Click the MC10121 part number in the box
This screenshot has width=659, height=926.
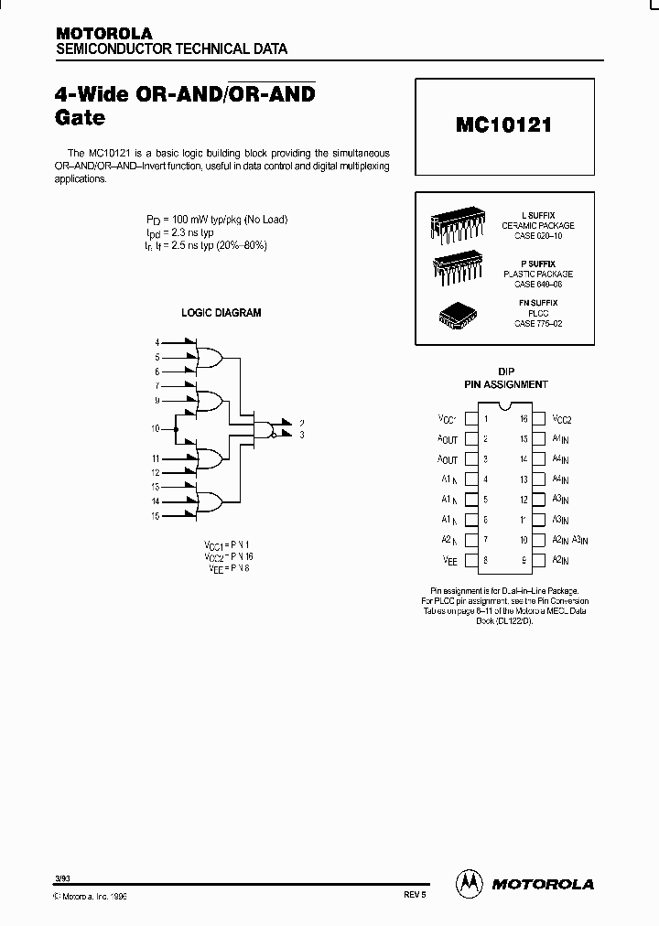[x=503, y=125]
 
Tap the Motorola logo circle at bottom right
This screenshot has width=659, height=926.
[x=469, y=883]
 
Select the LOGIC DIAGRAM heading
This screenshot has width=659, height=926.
[x=221, y=313]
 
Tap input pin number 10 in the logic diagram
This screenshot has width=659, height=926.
[x=155, y=428]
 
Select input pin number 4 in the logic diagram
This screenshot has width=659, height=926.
[x=157, y=342]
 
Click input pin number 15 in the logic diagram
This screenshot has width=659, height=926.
[x=156, y=517]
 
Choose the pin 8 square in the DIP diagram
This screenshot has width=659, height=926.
[x=470, y=560]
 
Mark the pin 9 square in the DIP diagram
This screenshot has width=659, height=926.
[x=539, y=560]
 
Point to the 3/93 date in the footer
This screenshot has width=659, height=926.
[x=62, y=878]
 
